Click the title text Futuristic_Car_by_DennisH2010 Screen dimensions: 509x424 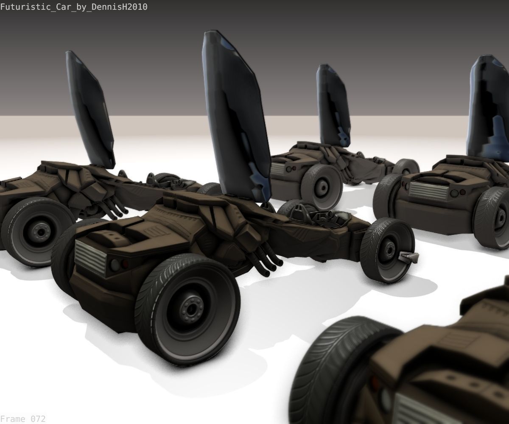tap(74, 7)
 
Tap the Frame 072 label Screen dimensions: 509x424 tap(22, 419)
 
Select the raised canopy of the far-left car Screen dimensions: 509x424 tap(91, 110)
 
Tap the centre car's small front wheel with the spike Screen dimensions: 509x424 tap(388, 250)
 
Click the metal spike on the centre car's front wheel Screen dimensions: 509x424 tap(409, 257)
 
